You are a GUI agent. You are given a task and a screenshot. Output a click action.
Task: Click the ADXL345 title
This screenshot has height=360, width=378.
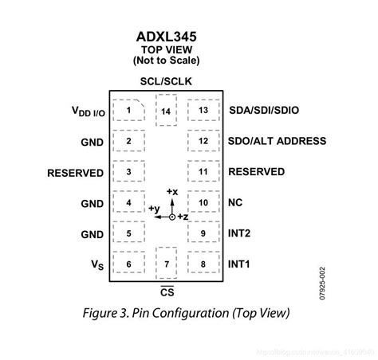pyautogui.click(x=165, y=36)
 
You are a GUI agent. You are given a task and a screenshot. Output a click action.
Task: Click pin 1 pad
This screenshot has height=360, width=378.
pyautogui.click(x=128, y=110)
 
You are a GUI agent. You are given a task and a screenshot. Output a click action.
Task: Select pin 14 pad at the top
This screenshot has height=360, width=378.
pyautogui.click(x=166, y=112)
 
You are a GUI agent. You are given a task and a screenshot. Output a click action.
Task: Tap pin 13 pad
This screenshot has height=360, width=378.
pyautogui.click(x=204, y=110)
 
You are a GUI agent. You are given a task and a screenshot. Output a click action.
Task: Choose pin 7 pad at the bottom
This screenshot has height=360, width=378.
pyautogui.click(x=166, y=264)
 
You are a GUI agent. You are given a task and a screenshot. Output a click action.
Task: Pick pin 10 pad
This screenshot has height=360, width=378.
pyautogui.click(x=204, y=202)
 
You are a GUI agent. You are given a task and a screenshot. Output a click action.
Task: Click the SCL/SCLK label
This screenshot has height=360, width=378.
pyautogui.click(x=166, y=81)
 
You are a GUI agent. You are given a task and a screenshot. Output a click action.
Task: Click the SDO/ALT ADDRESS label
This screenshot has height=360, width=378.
pyautogui.click(x=277, y=141)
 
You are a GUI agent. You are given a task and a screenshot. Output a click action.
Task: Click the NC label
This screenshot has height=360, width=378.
pyautogui.click(x=237, y=202)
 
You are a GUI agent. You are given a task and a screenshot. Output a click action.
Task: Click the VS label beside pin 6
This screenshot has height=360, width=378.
pyautogui.click(x=96, y=264)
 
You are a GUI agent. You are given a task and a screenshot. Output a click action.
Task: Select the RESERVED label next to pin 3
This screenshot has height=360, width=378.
pyautogui.click(x=75, y=172)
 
